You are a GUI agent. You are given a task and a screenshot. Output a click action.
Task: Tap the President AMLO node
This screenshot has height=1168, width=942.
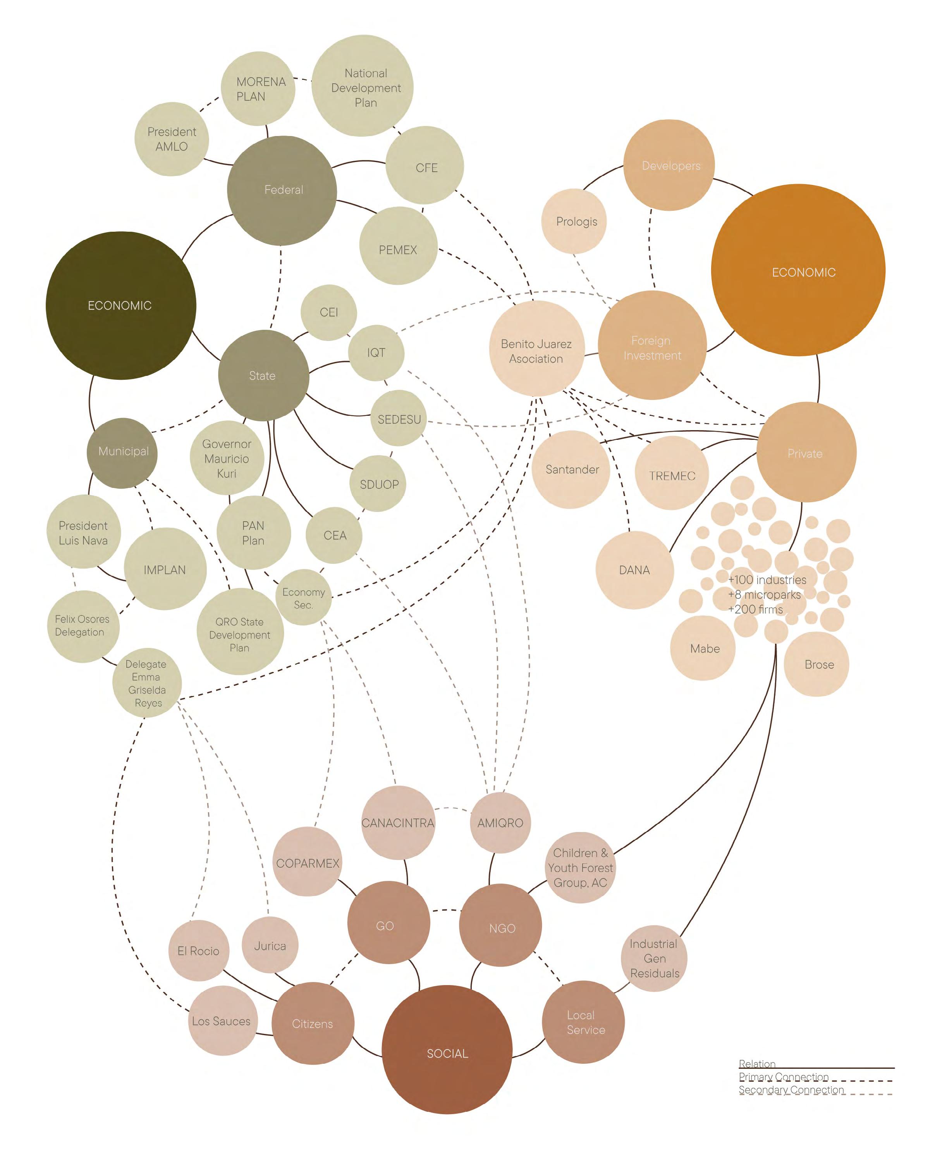click(x=172, y=139)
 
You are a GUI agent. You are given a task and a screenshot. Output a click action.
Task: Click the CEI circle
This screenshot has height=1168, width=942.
click(x=329, y=312)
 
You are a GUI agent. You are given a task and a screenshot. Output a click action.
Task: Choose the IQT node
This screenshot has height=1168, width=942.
click(x=376, y=353)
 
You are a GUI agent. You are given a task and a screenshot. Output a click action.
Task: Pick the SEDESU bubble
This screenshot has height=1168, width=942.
click(x=399, y=419)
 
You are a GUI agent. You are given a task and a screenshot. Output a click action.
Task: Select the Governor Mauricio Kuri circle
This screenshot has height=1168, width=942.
click(x=227, y=458)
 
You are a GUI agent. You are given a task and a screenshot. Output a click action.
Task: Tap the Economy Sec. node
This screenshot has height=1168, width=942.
click(x=303, y=598)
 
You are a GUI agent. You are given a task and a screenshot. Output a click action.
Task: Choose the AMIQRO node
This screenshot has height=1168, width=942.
click(x=500, y=823)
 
